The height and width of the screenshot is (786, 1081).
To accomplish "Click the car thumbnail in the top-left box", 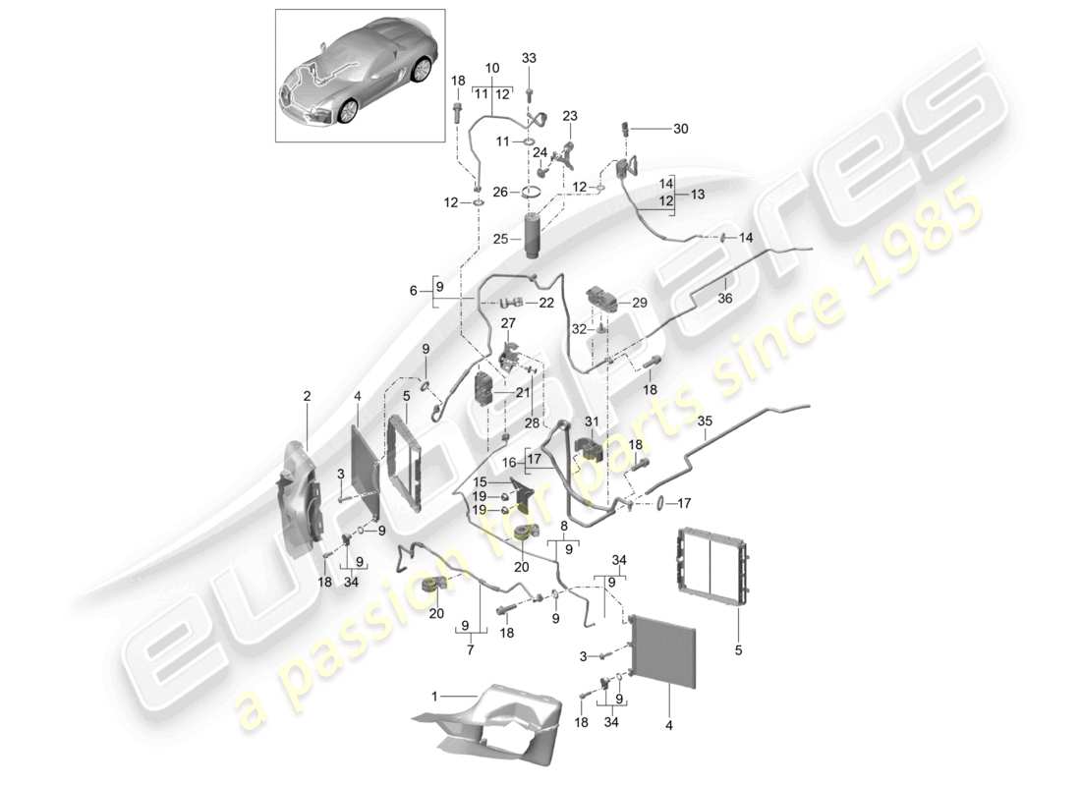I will (x=359, y=77).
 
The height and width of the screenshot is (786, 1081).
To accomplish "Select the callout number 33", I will (x=529, y=59).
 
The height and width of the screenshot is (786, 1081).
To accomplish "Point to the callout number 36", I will (x=725, y=300).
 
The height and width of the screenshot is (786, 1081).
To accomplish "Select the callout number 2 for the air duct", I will (x=307, y=396).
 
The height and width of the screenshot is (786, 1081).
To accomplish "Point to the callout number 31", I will (x=591, y=423).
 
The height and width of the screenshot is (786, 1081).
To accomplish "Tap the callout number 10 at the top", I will (x=492, y=68).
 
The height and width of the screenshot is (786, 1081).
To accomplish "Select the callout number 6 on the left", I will (x=414, y=291).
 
